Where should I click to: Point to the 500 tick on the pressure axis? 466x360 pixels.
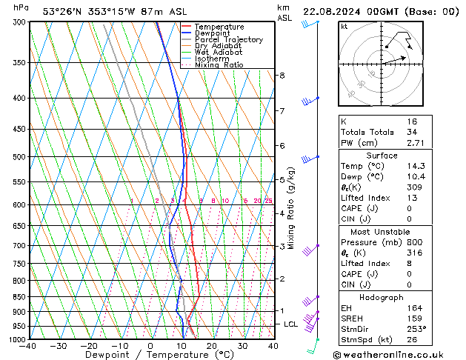(19, 157)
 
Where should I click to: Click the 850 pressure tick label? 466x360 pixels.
(19, 297)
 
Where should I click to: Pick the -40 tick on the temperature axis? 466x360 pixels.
(28, 346)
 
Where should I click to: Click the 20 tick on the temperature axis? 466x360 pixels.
(212, 346)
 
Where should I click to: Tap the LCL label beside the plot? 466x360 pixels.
(291, 324)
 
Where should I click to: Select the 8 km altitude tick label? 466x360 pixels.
(282, 76)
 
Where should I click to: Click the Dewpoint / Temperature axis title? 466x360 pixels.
(151, 356)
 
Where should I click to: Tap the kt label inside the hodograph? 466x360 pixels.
(344, 27)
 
